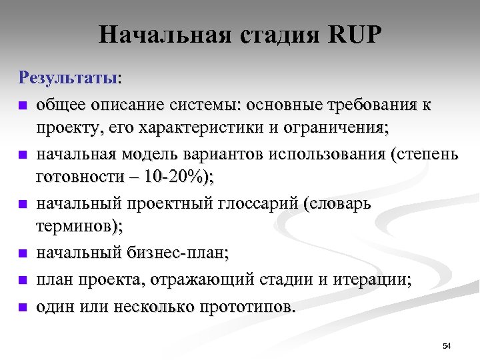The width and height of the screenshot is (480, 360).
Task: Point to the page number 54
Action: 447,345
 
